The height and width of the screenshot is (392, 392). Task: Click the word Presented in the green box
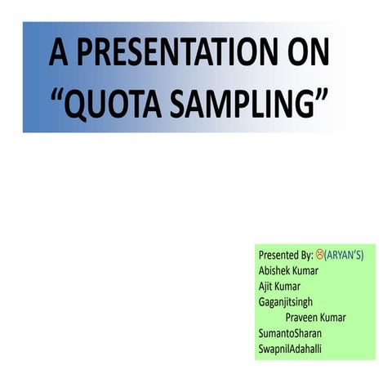[278, 255]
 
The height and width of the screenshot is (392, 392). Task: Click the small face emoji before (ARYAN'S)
[319, 254]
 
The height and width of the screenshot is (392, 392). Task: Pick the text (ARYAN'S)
[344, 255]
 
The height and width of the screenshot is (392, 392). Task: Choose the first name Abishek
[276, 270]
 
